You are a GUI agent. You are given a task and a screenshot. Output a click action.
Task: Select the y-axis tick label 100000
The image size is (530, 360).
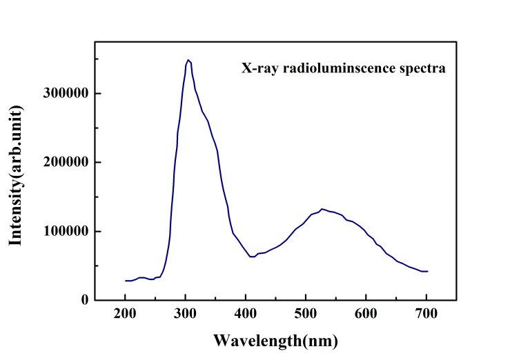coord(66,231)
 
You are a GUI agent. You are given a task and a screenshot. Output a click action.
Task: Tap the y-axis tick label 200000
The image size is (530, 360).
coord(66,162)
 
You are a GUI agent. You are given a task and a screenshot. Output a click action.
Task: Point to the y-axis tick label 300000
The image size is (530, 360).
coord(66,93)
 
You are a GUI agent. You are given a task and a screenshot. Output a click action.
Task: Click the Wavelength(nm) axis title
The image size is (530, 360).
coord(275,340)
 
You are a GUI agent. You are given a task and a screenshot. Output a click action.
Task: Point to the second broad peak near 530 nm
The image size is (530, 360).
coord(322,209)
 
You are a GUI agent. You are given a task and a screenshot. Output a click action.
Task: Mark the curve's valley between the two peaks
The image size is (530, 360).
coord(252,257)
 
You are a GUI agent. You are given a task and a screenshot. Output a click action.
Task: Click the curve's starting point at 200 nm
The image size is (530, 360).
coord(126,281)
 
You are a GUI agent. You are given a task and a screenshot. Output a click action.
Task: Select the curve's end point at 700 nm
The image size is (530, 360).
coord(427,271)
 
